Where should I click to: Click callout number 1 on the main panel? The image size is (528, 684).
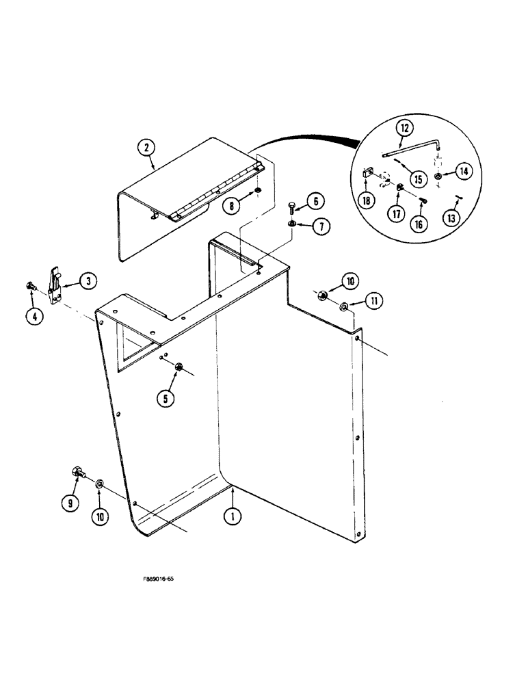[233, 517]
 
